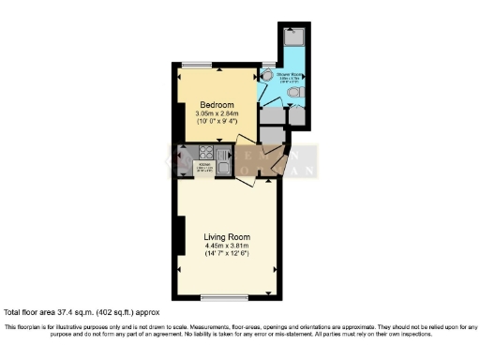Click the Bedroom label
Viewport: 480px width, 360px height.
217,105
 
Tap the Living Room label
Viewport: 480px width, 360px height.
228,237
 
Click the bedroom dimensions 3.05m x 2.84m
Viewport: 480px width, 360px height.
217,114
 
